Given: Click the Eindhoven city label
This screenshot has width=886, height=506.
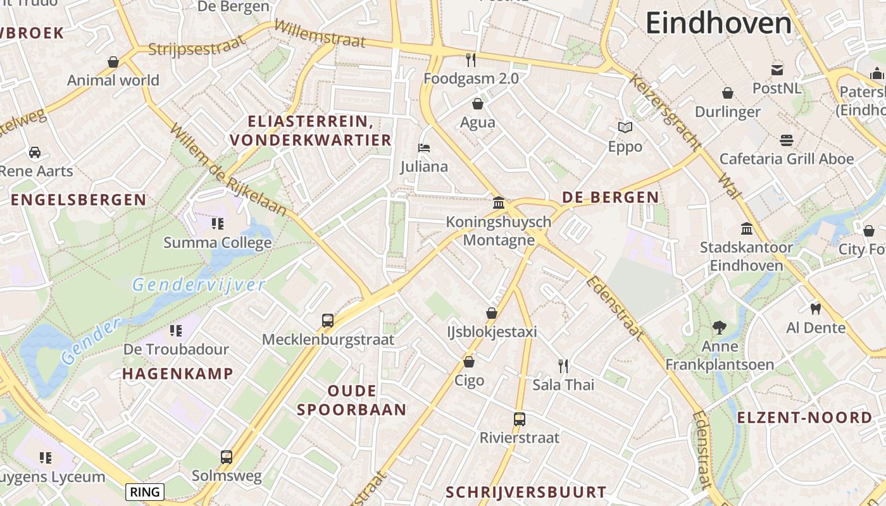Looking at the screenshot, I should tap(718, 24).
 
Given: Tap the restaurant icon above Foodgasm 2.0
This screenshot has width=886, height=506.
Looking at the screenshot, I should tap(471, 60).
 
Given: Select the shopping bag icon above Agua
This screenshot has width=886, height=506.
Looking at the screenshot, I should tap(478, 104).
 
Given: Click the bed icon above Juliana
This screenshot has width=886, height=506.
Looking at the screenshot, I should tap(424, 148).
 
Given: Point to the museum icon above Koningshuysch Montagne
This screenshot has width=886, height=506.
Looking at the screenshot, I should tap(499, 203).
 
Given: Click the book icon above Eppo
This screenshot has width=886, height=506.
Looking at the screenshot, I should tap(625, 128).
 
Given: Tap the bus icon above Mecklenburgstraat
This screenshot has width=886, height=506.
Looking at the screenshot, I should tap(328, 321).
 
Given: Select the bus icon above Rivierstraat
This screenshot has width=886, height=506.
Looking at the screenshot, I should tap(520, 419).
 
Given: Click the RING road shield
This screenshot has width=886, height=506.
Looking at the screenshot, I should tap(145, 491).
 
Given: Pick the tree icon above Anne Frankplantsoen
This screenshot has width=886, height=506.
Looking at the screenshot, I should tap(719, 328).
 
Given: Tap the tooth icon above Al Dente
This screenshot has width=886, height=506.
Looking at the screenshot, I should tap(816, 309).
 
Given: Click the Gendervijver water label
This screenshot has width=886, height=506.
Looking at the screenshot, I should tap(199, 285).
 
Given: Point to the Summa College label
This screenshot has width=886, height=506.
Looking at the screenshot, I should tap(218, 243).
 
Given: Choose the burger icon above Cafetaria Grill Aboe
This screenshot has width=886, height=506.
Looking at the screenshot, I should tap(787, 140).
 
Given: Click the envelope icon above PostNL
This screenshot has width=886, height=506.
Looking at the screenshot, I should tap(777, 70).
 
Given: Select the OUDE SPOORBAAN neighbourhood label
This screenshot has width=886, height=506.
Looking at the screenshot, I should tap(352, 400).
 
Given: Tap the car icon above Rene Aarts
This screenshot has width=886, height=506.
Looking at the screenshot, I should tap(35, 152).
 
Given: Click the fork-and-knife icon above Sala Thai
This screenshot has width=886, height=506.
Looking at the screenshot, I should tap(563, 366).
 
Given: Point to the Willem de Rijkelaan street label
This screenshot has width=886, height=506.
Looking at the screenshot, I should tap(228, 170).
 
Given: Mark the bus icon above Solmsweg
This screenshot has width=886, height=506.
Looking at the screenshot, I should tap(227, 457).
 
